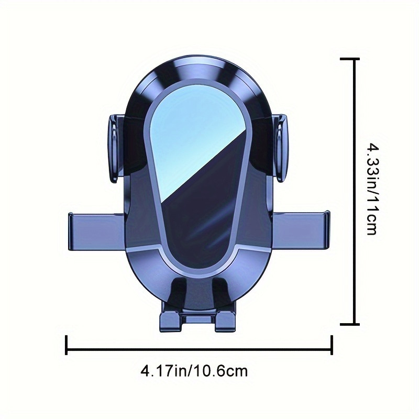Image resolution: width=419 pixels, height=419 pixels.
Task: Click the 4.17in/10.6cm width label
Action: point(194,371)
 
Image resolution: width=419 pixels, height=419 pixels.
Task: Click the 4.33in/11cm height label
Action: point(373,189)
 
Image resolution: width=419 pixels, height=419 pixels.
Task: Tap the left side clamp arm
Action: point(96,231)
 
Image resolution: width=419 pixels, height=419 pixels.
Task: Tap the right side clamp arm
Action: point(301,230)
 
